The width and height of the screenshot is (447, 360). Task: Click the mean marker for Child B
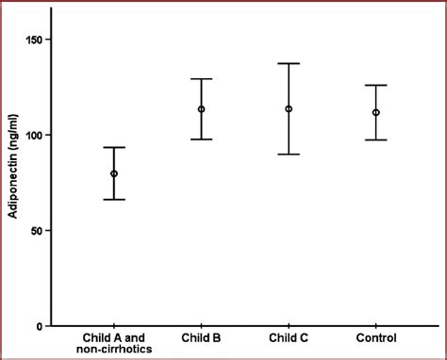[201, 109]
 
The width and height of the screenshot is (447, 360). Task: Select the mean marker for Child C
[289, 109]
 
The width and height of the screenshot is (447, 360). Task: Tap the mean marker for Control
[376, 112]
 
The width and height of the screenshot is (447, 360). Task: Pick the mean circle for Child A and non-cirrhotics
[114, 173]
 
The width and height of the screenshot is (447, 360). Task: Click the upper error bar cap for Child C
[289, 63]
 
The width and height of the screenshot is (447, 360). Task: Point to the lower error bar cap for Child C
[289, 154]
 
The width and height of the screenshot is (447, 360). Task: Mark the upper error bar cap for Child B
[201, 79]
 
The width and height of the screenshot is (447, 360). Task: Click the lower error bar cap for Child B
[201, 139]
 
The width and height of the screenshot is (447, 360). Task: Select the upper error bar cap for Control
[376, 85]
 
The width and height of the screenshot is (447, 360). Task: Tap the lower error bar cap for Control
[376, 139]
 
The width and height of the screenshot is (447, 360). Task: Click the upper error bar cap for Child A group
[114, 147]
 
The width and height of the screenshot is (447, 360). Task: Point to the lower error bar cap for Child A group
[114, 199]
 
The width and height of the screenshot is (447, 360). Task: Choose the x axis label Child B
[201, 338]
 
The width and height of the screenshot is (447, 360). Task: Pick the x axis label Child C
[289, 338]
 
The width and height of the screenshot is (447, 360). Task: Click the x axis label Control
[376, 338]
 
